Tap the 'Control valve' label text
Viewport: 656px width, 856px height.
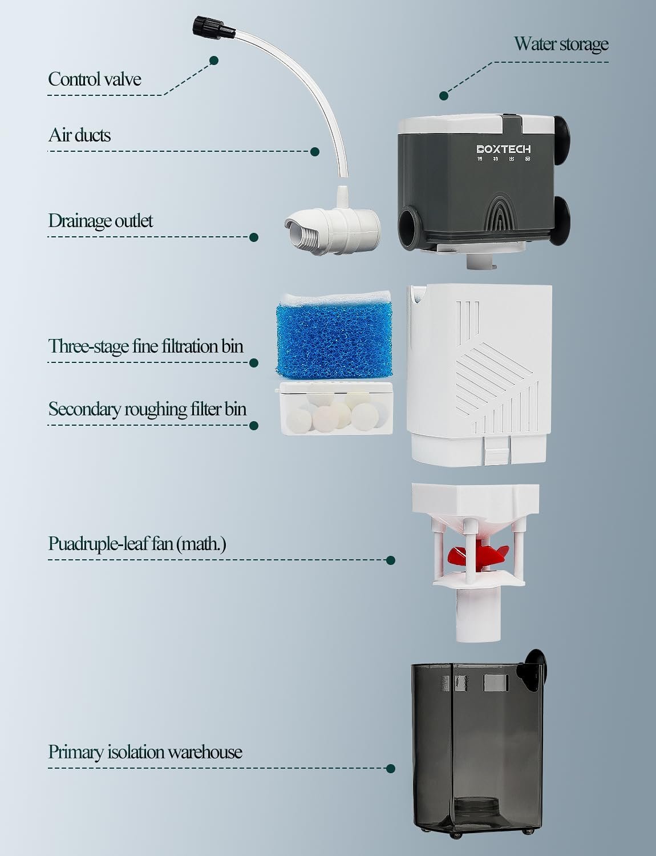[94, 79]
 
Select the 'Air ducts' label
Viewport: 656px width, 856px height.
[79, 135]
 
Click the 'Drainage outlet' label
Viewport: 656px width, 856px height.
[100, 221]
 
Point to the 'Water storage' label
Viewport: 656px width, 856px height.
[561, 44]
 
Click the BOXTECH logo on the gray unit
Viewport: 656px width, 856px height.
[504, 150]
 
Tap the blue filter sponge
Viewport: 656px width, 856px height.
[334, 338]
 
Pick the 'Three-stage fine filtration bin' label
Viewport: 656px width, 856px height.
[145, 346]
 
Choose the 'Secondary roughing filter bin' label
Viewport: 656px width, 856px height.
[147, 409]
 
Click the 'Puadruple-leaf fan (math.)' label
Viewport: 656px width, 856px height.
[137, 543]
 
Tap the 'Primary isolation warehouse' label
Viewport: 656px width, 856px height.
[145, 752]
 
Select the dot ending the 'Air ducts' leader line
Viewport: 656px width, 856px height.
[314, 152]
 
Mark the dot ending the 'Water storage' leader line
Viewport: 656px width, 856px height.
[443, 95]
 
